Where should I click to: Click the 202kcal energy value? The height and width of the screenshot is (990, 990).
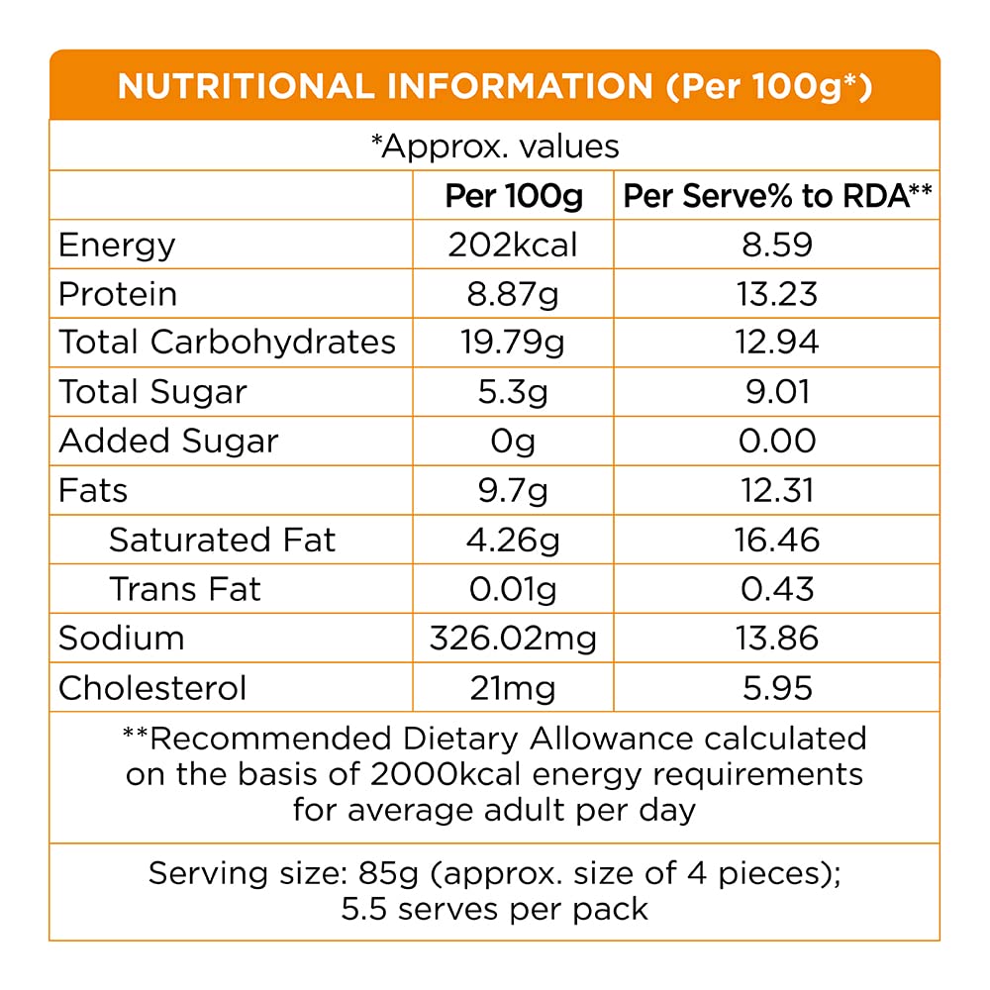click(x=512, y=245)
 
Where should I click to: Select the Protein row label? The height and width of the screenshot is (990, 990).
click(x=118, y=294)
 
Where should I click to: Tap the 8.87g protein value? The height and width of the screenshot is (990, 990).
click(x=512, y=294)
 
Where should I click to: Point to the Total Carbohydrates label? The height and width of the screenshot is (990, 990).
click(x=227, y=343)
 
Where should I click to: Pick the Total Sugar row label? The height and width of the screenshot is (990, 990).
click(x=152, y=392)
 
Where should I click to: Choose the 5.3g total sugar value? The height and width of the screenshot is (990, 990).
click(x=512, y=392)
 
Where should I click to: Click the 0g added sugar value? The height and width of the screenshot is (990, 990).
click(x=512, y=442)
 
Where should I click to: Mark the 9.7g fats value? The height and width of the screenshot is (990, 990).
click(x=512, y=490)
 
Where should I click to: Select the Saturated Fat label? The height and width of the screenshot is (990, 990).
click(x=222, y=540)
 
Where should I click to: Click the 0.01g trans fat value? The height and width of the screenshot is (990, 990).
click(x=512, y=589)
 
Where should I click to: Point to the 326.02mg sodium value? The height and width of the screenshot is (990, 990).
click(x=512, y=638)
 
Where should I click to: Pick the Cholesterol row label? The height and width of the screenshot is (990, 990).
click(x=152, y=687)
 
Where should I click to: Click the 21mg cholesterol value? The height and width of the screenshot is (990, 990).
click(x=512, y=687)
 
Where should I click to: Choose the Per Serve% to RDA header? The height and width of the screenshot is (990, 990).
click(x=777, y=196)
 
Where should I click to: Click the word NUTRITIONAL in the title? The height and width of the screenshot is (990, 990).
click(x=246, y=86)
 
